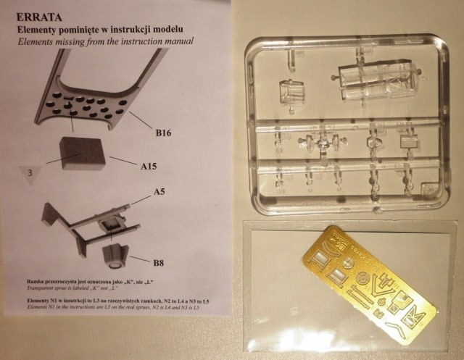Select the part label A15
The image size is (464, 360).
tap(149, 166)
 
